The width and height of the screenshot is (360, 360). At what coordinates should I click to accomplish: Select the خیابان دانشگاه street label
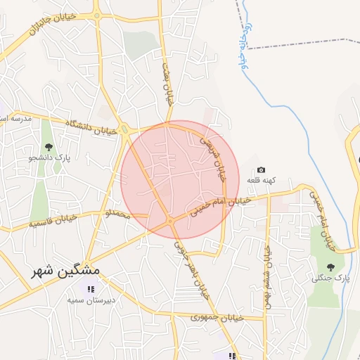pyautogui.click(x=89, y=126)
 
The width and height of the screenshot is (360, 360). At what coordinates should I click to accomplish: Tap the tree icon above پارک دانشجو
pyautogui.click(x=49, y=147)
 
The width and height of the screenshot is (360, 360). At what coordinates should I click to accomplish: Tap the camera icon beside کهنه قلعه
pyautogui.click(x=261, y=169)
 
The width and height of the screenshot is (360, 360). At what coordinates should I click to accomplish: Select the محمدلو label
pyautogui.click(x=118, y=212)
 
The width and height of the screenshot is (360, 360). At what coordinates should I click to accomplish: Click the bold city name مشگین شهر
pyautogui.click(x=65, y=270)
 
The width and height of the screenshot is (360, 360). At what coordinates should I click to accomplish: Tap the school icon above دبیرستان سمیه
pyautogui.click(x=90, y=288)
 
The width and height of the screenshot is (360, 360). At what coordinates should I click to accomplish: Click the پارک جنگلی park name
pyautogui.click(x=330, y=278)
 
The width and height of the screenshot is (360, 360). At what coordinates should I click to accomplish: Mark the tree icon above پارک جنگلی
pyautogui.click(x=330, y=267)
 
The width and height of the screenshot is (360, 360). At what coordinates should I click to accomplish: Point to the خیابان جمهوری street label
pyautogui.click(x=216, y=319)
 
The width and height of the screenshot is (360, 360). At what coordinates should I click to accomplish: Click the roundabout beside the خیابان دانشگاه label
pyautogui.click(x=124, y=129)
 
